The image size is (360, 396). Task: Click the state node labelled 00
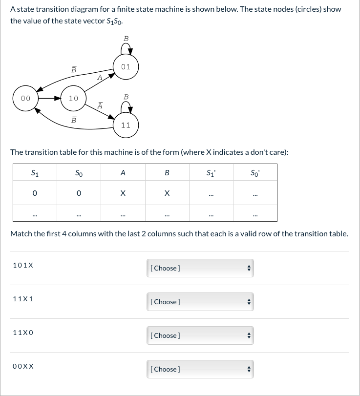click(25, 98)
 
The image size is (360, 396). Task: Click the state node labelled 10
click(73, 98)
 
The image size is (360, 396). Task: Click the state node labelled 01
click(126, 67)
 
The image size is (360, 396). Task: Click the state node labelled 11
click(126, 125)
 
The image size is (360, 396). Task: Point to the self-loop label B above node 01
click(126, 38)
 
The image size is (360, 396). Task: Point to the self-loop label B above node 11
click(126, 97)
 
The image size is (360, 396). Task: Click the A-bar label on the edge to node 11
click(100, 105)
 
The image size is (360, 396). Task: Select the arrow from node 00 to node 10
click(49, 98)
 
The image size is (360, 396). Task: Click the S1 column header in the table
click(35, 172)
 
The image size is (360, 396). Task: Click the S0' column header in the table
click(255, 172)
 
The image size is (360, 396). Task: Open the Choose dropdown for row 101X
click(199, 268)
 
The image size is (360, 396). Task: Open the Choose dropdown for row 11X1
click(199, 302)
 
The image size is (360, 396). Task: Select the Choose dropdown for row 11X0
click(199, 335)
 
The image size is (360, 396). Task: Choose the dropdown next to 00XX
click(199, 369)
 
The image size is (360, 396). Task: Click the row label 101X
click(23, 265)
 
